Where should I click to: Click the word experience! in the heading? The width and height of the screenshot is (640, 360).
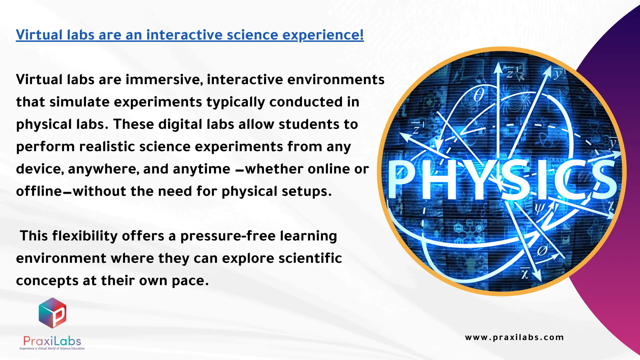[x=323, y=35]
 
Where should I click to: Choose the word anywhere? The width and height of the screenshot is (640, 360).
[x=103, y=169]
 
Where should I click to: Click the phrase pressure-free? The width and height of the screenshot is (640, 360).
[x=228, y=236]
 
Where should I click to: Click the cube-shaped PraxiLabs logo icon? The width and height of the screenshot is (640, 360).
[x=52, y=313]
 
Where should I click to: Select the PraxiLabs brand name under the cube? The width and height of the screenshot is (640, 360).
[x=52, y=341]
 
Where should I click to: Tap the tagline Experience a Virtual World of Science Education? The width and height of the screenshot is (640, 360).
[x=52, y=348]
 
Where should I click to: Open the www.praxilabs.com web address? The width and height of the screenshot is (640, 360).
[x=514, y=337]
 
